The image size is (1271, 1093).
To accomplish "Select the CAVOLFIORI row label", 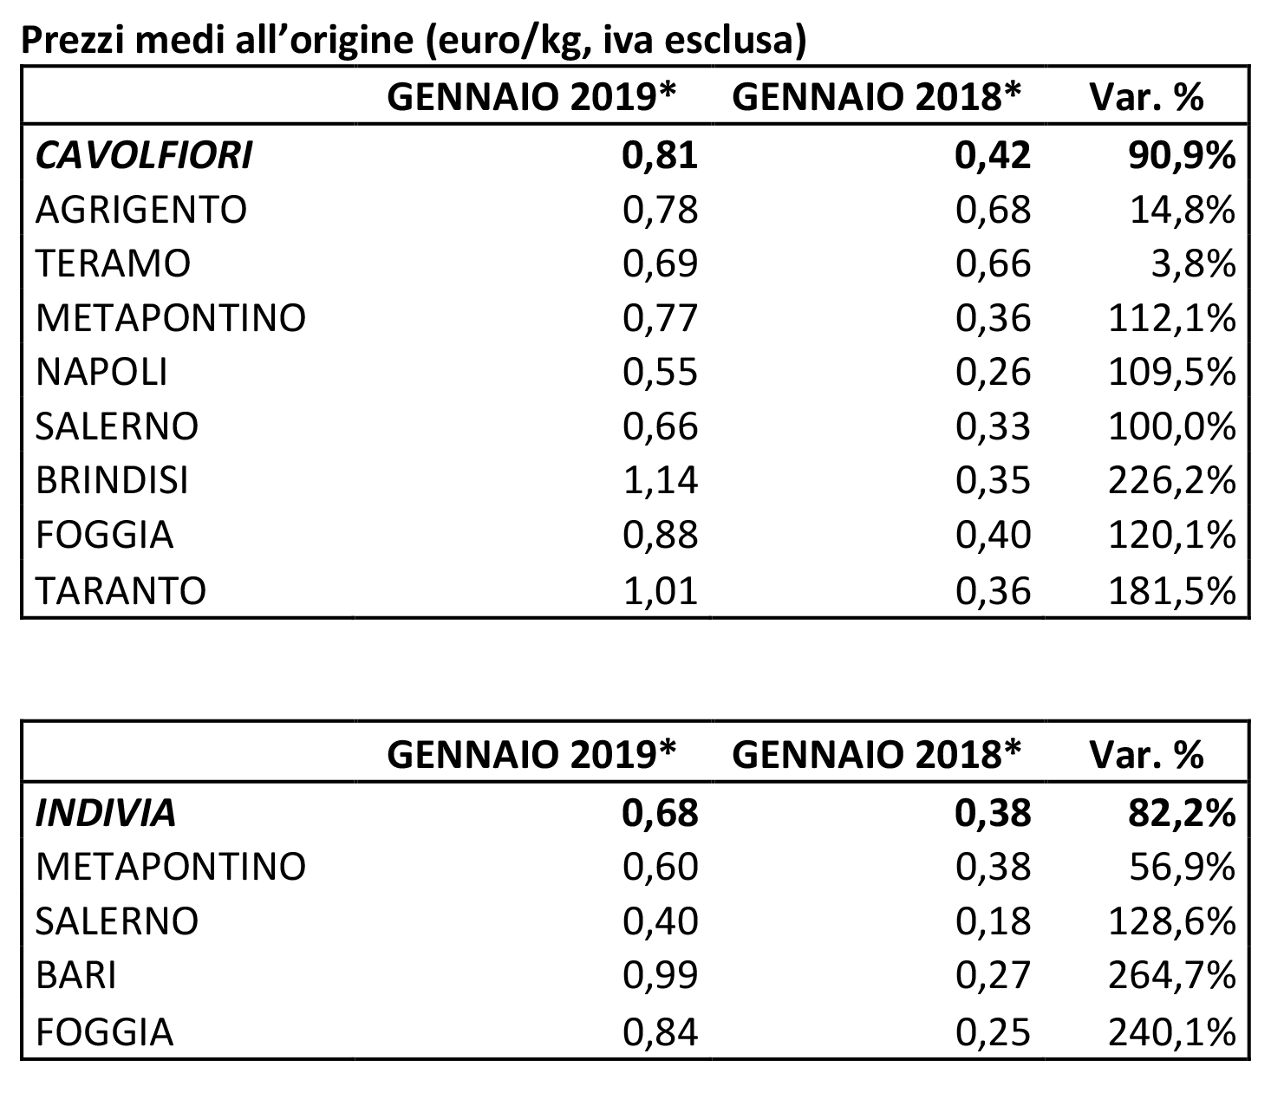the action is coord(144,155).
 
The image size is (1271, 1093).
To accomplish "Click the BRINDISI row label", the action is coord(112,480).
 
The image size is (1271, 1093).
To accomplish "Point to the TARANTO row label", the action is coord(121,590).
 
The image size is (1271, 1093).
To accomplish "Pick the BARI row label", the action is coord(75,975).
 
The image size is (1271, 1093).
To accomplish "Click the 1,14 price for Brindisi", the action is coord(661,480).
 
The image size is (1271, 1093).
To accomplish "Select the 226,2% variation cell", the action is coord(1172,480).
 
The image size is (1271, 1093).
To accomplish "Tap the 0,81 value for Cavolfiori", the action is coord(661,155).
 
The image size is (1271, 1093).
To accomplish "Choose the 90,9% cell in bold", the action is coord(1182,155).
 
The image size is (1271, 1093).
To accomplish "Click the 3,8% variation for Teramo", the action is coord(1193,263).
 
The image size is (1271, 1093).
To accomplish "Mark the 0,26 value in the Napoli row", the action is coord(993,372).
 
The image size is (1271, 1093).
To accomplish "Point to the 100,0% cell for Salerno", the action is coord(1172,426).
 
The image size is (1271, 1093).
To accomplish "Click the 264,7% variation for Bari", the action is coord(1172,975).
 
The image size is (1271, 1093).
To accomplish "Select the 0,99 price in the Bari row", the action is coord(661,975).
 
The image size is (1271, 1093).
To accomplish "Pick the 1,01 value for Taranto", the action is coord(661,590).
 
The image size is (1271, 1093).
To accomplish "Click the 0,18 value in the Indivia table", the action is coord(993,921).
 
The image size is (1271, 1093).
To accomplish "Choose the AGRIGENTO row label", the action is coord(140,210).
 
